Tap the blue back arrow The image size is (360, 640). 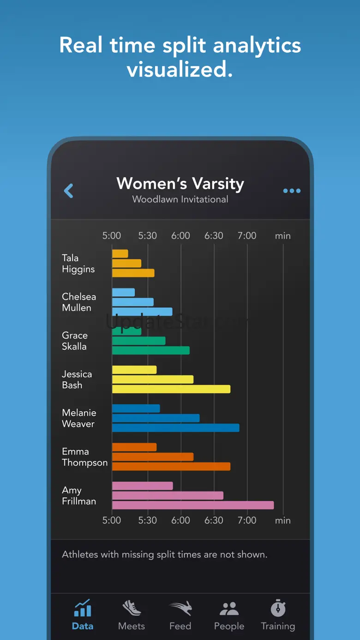(x=69, y=191)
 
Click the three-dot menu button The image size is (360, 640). (x=292, y=191)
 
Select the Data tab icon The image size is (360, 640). (x=83, y=609)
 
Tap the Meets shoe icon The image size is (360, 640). (x=132, y=608)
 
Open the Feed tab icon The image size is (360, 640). (x=180, y=609)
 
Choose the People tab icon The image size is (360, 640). (x=229, y=609)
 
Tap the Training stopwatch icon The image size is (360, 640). (x=278, y=608)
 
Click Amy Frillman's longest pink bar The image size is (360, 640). (x=193, y=505)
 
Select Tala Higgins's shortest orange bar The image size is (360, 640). (x=120, y=254)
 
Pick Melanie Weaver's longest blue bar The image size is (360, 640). (x=176, y=428)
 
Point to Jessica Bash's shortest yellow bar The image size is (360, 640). (x=134, y=370)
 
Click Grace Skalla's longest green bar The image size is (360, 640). (x=151, y=350)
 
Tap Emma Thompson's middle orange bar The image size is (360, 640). (x=153, y=457)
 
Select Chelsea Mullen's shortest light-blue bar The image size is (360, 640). (x=123, y=292)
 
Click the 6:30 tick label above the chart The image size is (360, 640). (x=214, y=236)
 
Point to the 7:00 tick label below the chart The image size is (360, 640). (x=247, y=520)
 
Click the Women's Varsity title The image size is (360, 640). (x=180, y=183)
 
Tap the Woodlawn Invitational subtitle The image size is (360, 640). (x=180, y=199)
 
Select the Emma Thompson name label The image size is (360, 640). (x=84, y=457)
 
